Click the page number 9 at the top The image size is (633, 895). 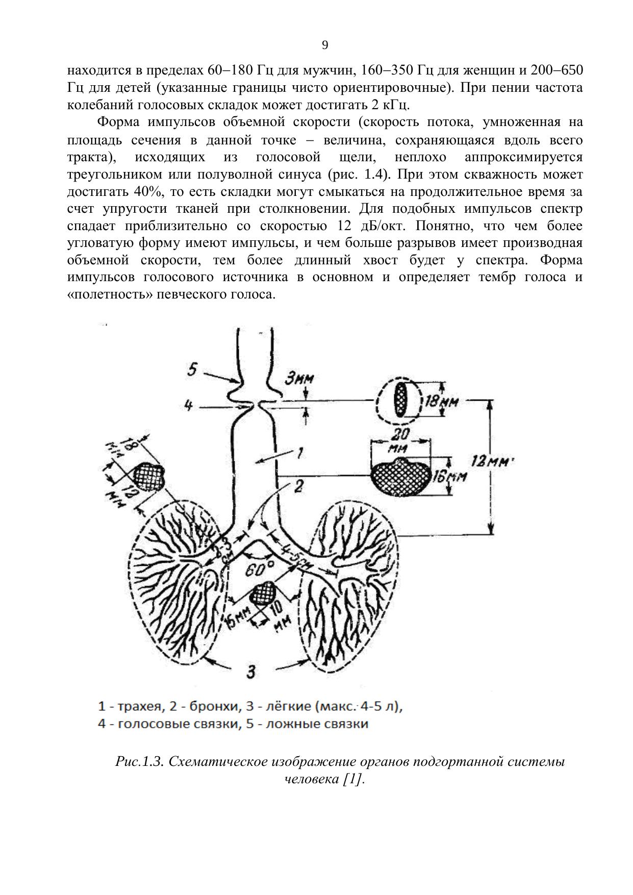(325, 45)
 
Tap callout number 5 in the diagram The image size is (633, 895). (192, 369)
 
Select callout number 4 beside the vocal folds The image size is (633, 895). (188, 406)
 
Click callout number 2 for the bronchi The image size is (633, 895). (298, 486)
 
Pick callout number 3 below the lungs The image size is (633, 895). (250, 672)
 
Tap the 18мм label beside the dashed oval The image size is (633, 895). (442, 402)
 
